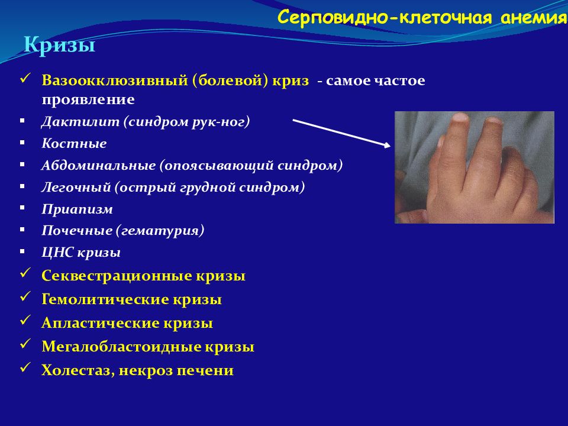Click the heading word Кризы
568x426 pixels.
coord(59,46)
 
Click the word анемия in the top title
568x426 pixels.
coord(534,17)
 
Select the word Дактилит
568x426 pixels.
coord(80,121)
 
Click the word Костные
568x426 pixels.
coord(75,143)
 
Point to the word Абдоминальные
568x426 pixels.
coord(99,166)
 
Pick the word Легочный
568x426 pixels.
coord(76,188)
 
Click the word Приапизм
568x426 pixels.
coord(77,209)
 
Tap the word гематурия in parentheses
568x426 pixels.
coord(160,231)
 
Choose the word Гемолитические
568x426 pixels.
coord(105,299)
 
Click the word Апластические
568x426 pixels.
coord(101,323)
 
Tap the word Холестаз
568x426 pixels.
coord(78,370)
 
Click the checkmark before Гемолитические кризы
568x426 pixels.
coord(25,296)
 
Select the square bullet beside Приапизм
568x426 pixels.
coord(22,208)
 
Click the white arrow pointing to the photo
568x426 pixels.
coord(341,133)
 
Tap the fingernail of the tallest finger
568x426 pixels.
coord(461,118)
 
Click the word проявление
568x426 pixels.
coord(88,99)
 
